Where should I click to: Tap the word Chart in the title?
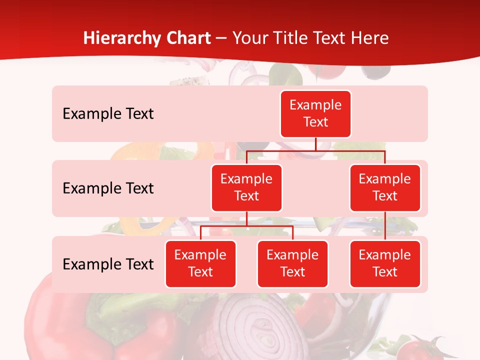tap(188, 38)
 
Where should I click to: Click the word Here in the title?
tap(369, 38)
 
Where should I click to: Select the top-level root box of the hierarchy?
tap(315, 114)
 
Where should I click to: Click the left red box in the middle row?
tap(246, 188)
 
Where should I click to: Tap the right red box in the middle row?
tap(385, 188)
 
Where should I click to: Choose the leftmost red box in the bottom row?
tap(200, 264)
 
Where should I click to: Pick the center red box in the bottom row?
tap(292, 264)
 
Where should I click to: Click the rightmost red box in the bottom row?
tap(385, 264)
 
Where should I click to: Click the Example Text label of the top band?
tap(108, 114)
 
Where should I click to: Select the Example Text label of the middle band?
tap(108, 188)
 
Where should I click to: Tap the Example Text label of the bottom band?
tap(108, 264)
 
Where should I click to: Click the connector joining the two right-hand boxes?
tap(385, 226)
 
